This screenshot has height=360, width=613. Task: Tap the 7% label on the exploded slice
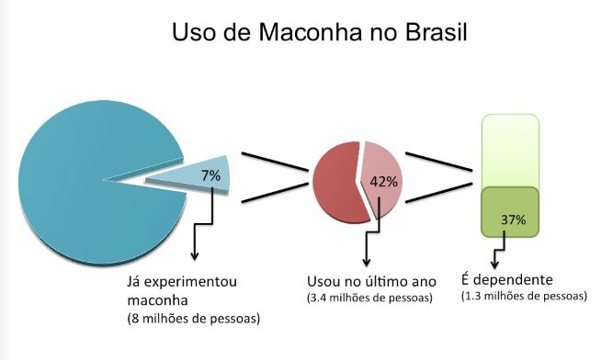(x=210, y=174)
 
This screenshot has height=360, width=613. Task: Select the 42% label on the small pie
(x=381, y=181)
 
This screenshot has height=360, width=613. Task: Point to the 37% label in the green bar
(x=513, y=219)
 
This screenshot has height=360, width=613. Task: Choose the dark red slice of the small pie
(x=335, y=179)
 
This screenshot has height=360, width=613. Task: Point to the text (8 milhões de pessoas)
(x=194, y=319)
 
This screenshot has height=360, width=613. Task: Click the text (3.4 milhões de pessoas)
(x=365, y=298)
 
